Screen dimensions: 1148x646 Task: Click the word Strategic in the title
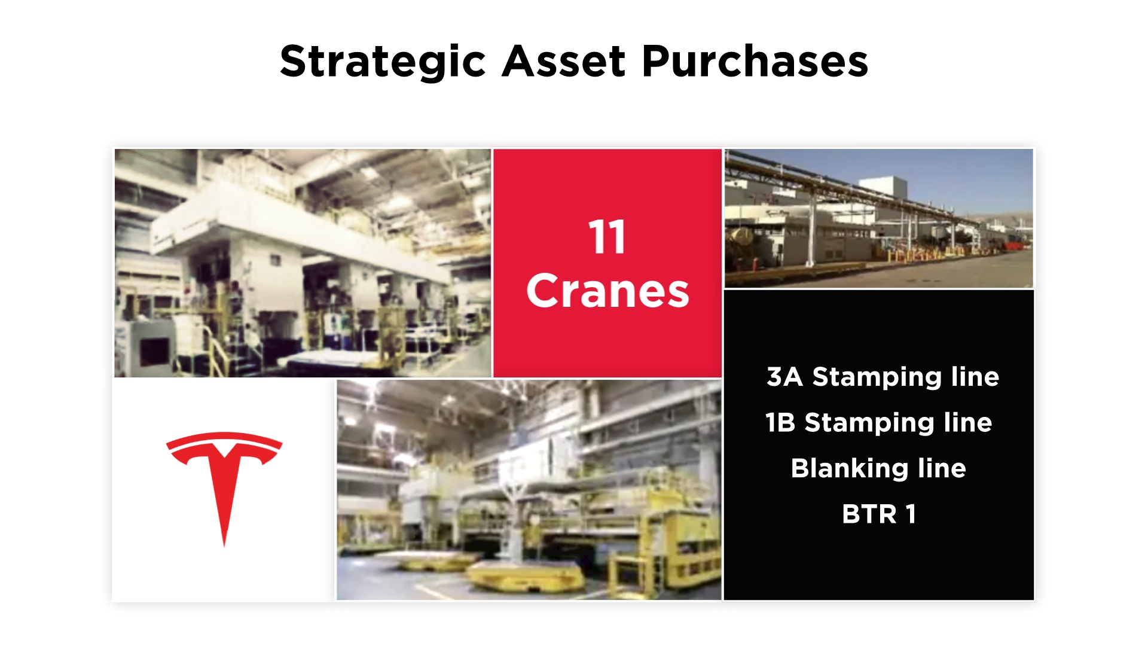(383, 62)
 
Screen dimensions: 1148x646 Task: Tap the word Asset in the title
(564, 61)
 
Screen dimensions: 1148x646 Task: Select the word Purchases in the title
(755, 61)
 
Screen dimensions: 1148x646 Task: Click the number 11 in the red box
(607, 237)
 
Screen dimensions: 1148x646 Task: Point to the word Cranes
(607, 291)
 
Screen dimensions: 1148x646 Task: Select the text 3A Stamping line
(883, 377)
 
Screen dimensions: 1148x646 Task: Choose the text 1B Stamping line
(879, 423)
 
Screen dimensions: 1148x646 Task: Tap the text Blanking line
(878, 468)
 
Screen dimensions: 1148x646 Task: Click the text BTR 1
(879, 514)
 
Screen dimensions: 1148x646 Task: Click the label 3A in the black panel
(784, 377)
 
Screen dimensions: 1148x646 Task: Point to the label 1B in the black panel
(780, 423)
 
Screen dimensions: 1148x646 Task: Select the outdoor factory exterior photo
(879, 218)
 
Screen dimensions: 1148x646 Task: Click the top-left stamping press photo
(303, 263)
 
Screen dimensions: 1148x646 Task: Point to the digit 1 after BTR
(911, 514)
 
